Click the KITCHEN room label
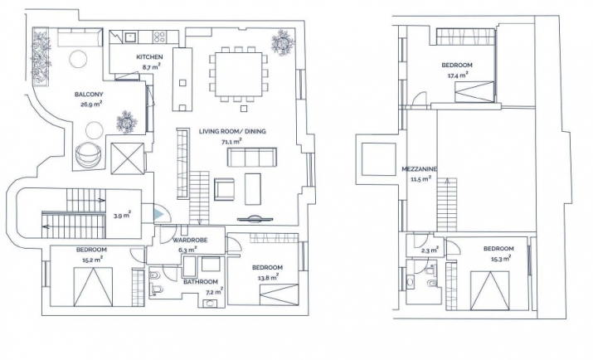tap(149, 57)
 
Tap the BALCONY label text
tap(89, 95)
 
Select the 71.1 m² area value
tap(231, 142)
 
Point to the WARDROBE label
tap(190, 240)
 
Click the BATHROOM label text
tap(201, 282)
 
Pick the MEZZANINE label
tap(420, 169)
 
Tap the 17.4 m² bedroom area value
tap(458, 75)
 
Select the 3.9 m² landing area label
tap(122, 216)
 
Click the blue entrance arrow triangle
tap(158, 214)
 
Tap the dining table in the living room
tap(238, 75)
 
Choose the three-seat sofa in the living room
tap(251, 158)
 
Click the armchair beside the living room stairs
tap(224, 188)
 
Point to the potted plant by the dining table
tap(283, 42)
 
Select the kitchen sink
tap(130, 36)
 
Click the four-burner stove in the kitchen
tap(159, 36)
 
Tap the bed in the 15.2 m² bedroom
tap(93, 287)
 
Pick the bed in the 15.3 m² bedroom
tap(490, 290)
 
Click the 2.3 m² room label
tap(430, 250)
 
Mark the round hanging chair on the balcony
tap(89, 154)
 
